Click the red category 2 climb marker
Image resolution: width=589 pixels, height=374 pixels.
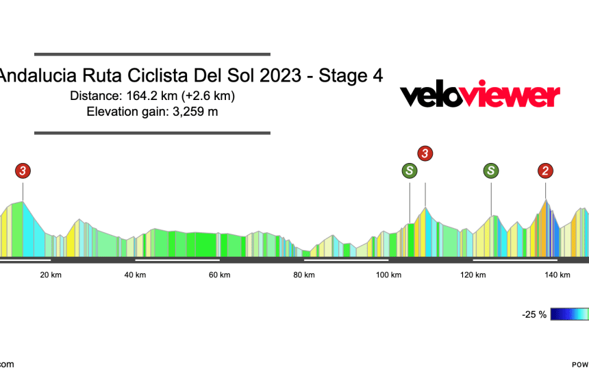pyautogui.click(x=546, y=171)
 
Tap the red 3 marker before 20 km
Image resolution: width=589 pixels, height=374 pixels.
pyautogui.click(x=24, y=171)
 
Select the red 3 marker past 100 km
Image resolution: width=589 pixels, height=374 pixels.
pyautogui.click(x=425, y=153)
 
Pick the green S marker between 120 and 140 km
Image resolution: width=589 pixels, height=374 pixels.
pyautogui.click(x=491, y=171)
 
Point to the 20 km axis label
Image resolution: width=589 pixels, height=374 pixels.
pyautogui.click(x=51, y=275)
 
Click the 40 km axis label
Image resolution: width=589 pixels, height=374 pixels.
pyautogui.click(x=136, y=275)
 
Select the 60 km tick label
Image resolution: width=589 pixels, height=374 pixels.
pyautogui.click(x=220, y=275)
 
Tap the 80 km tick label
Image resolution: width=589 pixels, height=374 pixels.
pyautogui.click(x=304, y=275)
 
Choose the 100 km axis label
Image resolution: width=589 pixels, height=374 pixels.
pyautogui.click(x=388, y=275)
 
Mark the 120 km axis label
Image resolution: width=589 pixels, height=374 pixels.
pyautogui.click(x=473, y=275)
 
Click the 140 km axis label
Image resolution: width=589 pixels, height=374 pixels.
pyautogui.click(x=557, y=275)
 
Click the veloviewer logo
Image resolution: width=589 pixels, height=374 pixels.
pyautogui.click(x=479, y=95)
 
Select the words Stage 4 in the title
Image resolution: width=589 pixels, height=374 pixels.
pyautogui.click(x=350, y=75)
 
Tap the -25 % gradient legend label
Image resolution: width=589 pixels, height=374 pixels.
pyautogui.click(x=534, y=314)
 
